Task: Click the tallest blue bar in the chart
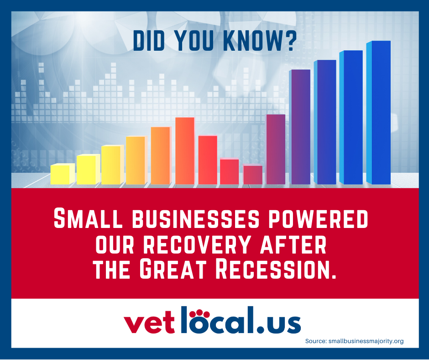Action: [x=378, y=112]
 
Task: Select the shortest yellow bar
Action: [x=63, y=174]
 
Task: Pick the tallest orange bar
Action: [x=185, y=151]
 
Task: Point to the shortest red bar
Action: [x=253, y=174]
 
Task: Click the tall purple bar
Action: [x=300, y=127]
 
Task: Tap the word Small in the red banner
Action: [x=88, y=218]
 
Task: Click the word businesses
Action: [x=196, y=218]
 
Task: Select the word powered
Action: [x=318, y=218]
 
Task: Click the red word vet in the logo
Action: [x=149, y=324]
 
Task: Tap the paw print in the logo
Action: [x=199, y=314]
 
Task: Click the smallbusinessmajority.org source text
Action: [x=366, y=341]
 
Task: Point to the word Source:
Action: [x=316, y=341]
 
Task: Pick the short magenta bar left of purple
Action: [x=276, y=149]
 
